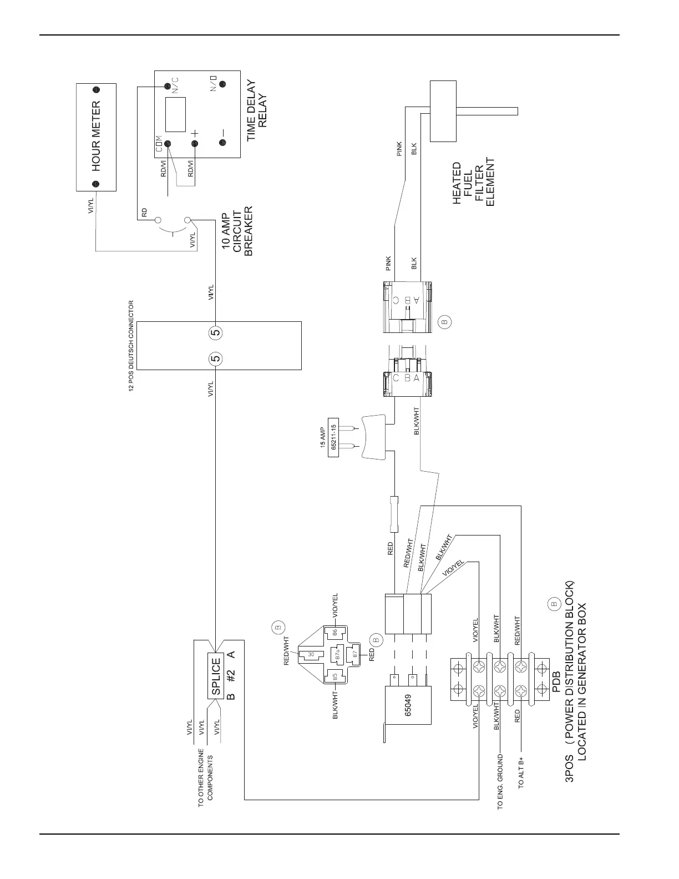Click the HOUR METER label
tap(96, 137)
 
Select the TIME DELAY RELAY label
tap(257, 111)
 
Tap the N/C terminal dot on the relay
tap(166, 86)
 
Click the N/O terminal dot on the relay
tap(222, 85)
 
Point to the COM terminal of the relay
tap(167, 144)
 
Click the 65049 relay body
tap(408, 705)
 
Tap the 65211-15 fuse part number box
tap(333, 437)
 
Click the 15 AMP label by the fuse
tap(322, 437)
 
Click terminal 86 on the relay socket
tap(335, 632)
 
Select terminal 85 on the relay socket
tap(335, 676)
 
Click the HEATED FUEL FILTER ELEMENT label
tap(473, 184)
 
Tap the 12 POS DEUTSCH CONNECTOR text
tap(131, 346)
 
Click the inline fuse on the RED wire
tap(394, 512)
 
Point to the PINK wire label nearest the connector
tap(388, 264)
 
